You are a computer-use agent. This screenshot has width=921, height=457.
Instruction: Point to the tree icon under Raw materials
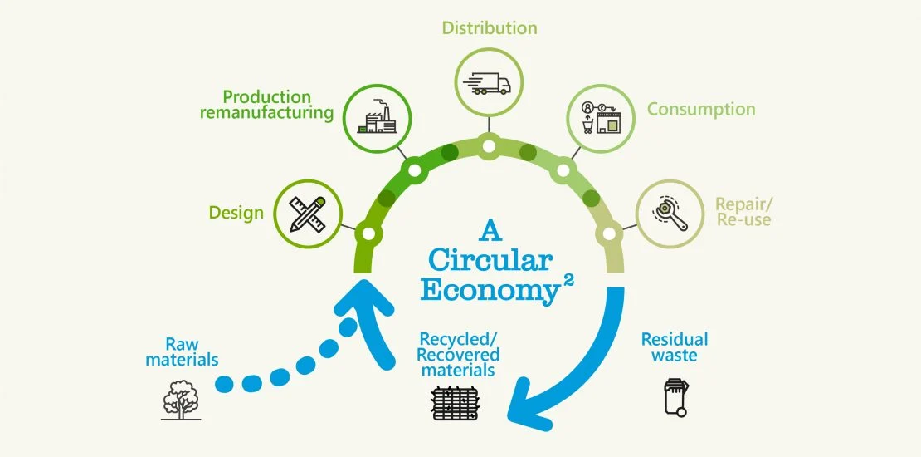[x=182, y=400]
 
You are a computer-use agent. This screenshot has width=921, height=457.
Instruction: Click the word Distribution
[x=489, y=27]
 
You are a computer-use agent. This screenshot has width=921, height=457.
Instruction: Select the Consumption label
[x=701, y=109]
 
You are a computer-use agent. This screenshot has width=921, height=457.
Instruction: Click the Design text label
[x=236, y=213]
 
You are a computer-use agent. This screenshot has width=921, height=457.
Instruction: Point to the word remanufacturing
[x=266, y=113]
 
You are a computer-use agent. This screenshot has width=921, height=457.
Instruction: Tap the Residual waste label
[x=675, y=347]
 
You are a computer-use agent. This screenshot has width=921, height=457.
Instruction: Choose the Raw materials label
[x=182, y=351]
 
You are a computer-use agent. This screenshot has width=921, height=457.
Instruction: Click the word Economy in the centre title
[x=486, y=290]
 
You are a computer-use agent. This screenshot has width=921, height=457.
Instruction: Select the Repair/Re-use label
[x=743, y=212]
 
